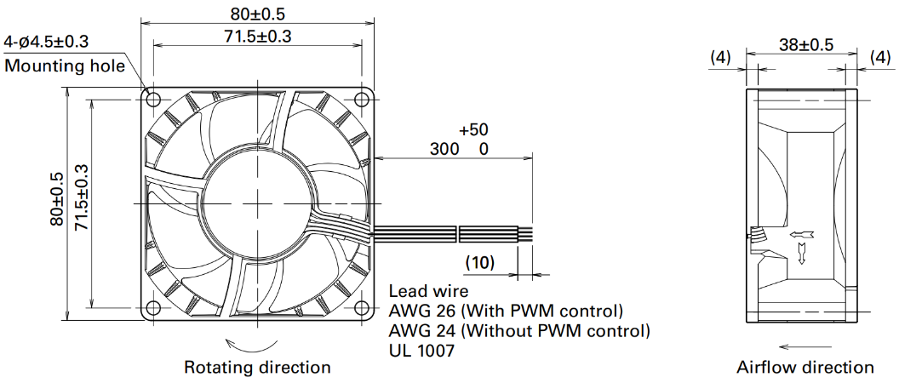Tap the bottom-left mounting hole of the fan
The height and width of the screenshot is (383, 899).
[x=153, y=306]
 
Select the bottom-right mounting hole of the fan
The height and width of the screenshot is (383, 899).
[x=362, y=306]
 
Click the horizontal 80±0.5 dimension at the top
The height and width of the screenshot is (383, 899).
[x=257, y=13]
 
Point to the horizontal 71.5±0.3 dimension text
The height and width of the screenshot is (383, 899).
[x=257, y=36]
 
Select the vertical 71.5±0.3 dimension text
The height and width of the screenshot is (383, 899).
[x=81, y=198]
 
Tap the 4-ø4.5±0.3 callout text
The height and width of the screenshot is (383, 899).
[x=46, y=43]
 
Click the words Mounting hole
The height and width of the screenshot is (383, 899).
[x=65, y=66]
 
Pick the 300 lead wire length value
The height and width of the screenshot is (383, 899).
[x=445, y=150]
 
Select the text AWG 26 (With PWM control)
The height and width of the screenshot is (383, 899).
[x=506, y=312]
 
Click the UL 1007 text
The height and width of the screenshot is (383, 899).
[x=421, y=351]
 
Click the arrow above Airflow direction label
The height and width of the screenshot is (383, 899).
[x=805, y=347]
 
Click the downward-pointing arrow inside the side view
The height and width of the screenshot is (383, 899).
[x=802, y=254]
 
